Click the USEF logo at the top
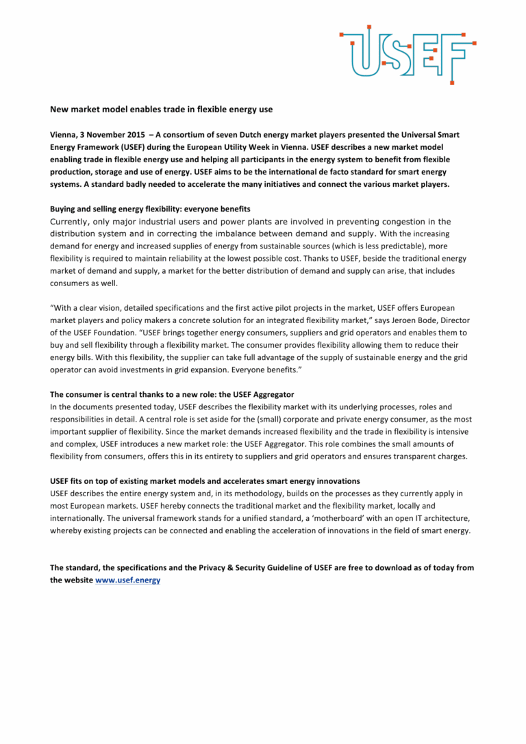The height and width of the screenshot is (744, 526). pos(408,53)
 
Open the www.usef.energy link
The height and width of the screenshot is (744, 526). pos(128,580)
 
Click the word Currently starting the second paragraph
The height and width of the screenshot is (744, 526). pos(74,222)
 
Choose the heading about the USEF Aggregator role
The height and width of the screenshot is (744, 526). pos(172,394)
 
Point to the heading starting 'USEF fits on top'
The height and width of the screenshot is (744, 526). pos(205,481)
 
